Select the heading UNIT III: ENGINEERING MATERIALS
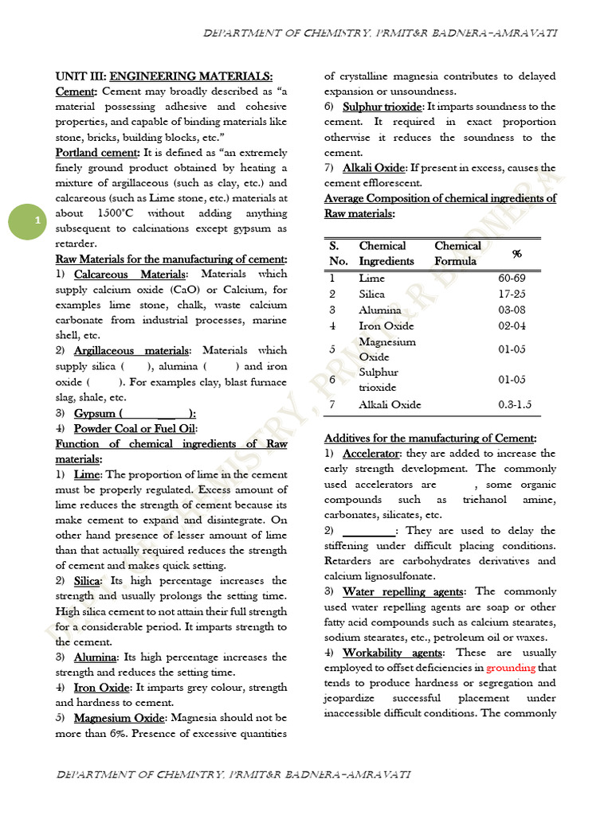(x=163, y=76)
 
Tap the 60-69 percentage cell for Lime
(x=513, y=279)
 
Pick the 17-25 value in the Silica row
(x=513, y=294)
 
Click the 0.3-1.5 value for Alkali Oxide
(x=515, y=404)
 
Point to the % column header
(x=516, y=253)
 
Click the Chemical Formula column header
(x=457, y=253)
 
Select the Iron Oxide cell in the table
(x=386, y=326)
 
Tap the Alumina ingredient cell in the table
(x=381, y=310)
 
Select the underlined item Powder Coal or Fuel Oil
(x=129, y=429)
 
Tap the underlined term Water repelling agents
(x=403, y=591)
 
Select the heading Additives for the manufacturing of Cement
(x=430, y=439)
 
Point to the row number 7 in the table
(x=332, y=404)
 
